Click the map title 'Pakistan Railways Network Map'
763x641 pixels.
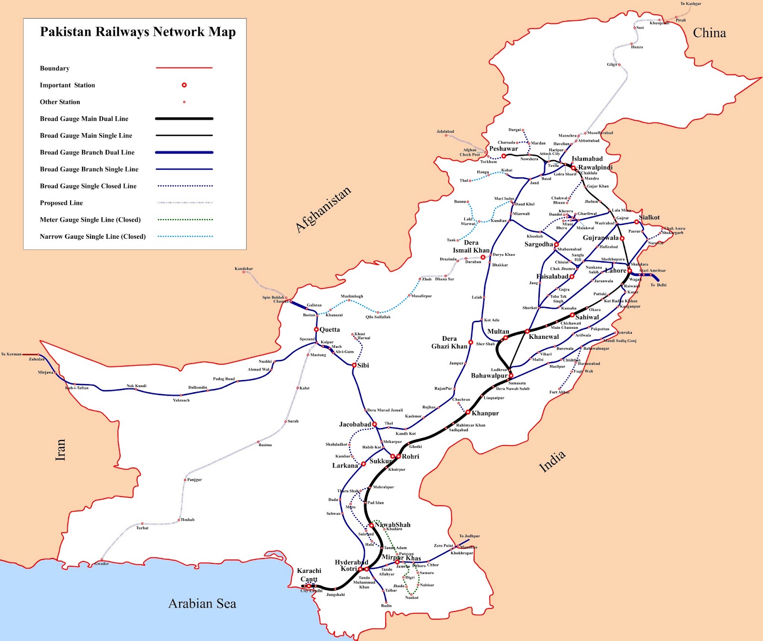[x=138, y=32]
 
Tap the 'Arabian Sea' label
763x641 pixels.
[x=202, y=604]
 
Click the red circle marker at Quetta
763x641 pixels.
[x=316, y=329]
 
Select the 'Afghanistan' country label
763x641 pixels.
[x=323, y=210]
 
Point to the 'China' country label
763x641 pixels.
[x=709, y=33]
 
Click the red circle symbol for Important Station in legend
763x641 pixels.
[x=184, y=85]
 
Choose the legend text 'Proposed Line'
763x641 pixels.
[x=61, y=203]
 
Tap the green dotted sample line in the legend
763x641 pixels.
[x=185, y=220]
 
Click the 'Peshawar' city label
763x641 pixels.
[x=503, y=149]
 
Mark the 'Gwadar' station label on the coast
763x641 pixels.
[x=102, y=564]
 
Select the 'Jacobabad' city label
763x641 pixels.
[x=355, y=424]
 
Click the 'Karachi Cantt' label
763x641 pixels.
[x=309, y=575]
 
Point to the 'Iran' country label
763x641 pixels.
[x=60, y=450]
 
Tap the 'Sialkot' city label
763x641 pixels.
[x=649, y=217]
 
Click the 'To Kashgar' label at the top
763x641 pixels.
[x=690, y=4]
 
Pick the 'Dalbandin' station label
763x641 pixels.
[x=197, y=387]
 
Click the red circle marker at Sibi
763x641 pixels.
[x=354, y=365]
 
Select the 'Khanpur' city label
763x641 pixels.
[x=485, y=413]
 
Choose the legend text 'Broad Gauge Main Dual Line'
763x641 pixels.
[x=84, y=119]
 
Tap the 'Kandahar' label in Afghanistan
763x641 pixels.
[x=244, y=269]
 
